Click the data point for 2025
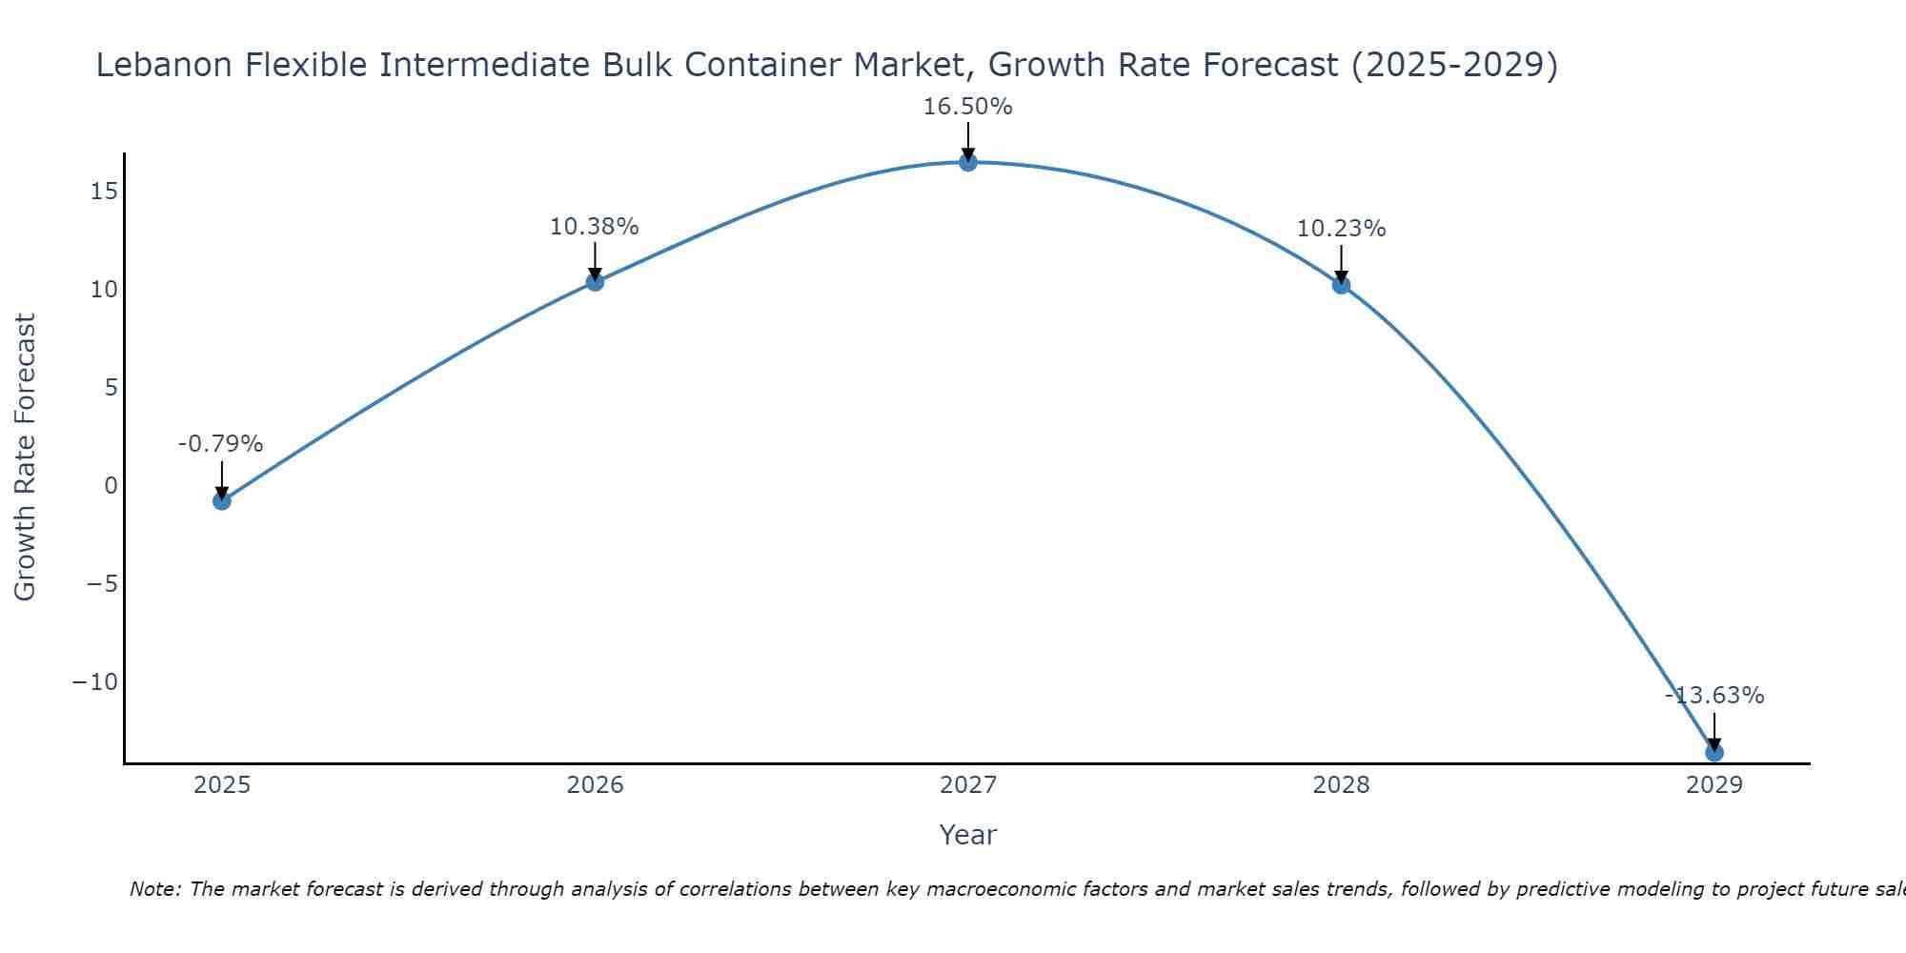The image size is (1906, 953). (x=222, y=500)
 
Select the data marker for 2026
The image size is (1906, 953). (x=595, y=281)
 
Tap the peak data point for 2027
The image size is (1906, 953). (x=968, y=162)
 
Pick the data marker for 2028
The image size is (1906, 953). (x=1341, y=284)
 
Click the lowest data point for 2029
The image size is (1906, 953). (x=1714, y=753)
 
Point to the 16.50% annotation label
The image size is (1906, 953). (x=967, y=107)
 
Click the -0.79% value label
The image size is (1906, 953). (x=220, y=444)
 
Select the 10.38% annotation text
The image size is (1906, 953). (x=594, y=227)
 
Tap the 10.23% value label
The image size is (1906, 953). (x=1341, y=229)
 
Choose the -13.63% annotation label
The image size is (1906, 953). (x=1714, y=696)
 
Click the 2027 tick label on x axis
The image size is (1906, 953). (x=968, y=785)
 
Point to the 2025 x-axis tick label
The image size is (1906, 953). (x=222, y=785)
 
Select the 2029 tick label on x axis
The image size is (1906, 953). (x=1714, y=785)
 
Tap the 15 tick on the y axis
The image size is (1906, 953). (x=104, y=192)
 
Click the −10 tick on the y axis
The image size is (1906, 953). (x=95, y=682)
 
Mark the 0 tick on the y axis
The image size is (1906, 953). (x=111, y=486)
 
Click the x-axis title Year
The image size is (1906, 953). (x=968, y=835)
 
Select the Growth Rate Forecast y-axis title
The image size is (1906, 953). (x=25, y=457)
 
